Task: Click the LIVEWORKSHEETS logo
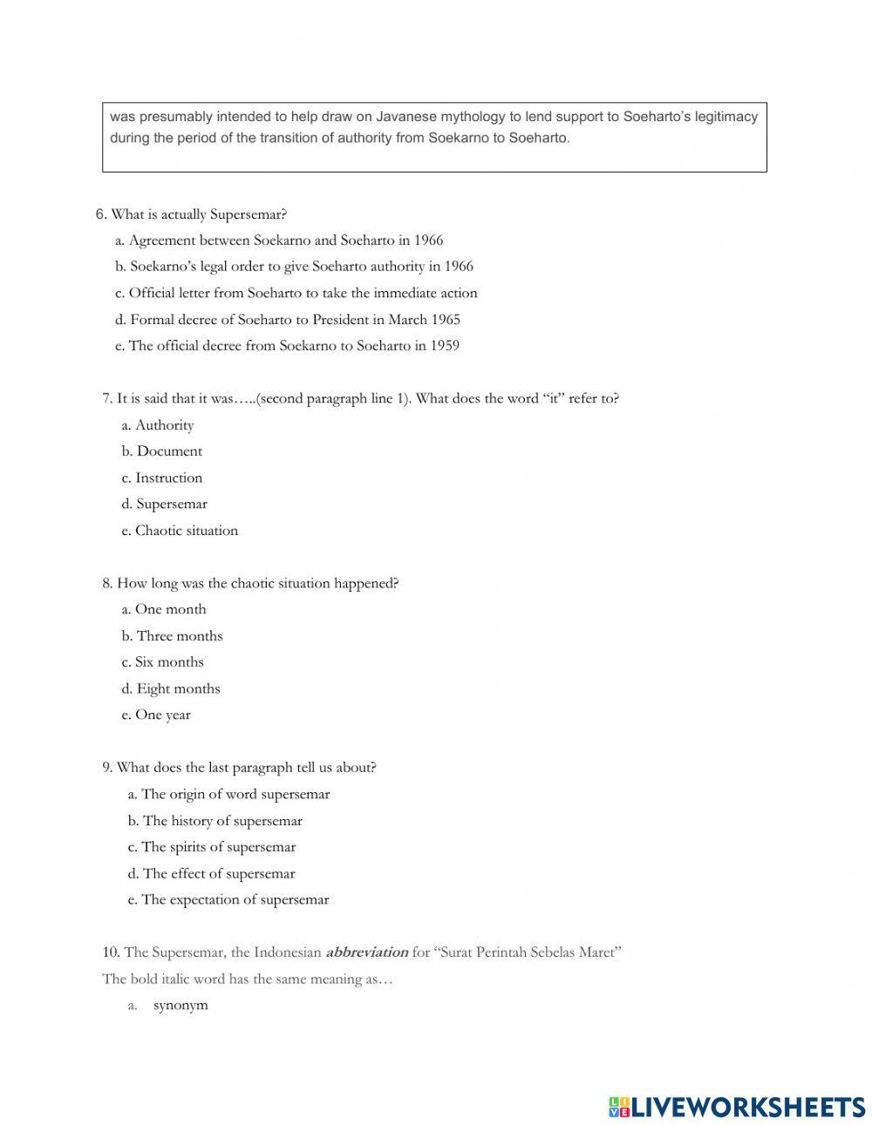[x=737, y=1107]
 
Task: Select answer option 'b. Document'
[x=162, y=451]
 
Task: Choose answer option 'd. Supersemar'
[x=165, y=504]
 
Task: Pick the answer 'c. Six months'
[x=162, y=662]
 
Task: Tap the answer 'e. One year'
[x=156, y=715]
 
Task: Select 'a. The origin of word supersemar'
[x=228, y=794]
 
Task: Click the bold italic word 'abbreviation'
[x=366, y=952]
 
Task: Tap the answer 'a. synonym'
[x=180, y=1005]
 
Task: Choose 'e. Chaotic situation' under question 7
[x=180, y=531]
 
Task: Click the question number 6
[x=101, y=214]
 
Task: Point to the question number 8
[x=107, y=583]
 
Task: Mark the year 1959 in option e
[x=444, y=346]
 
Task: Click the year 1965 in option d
[x=446, y=320]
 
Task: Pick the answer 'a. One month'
[x=164, y=609]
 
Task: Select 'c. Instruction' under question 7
[x=162, y=478]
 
